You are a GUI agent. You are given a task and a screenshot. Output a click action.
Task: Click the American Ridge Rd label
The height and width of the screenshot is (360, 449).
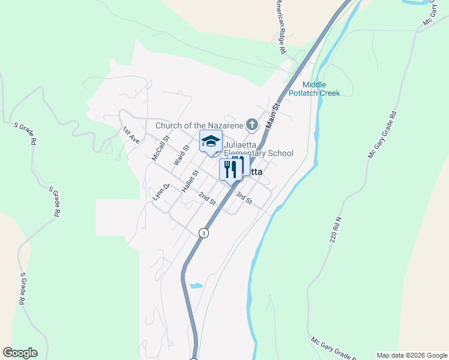point(280,27)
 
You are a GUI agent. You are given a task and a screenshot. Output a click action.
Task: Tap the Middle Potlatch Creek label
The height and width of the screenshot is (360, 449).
point(321,89)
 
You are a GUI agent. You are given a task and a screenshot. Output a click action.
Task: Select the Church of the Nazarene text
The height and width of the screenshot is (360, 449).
point(199,125)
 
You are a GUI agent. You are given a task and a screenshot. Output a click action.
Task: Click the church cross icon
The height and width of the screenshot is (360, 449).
point(252,125)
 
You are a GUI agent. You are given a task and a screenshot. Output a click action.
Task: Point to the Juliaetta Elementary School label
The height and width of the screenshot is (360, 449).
point(258,149)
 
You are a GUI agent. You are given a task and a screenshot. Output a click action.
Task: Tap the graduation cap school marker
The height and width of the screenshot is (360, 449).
point(210,142)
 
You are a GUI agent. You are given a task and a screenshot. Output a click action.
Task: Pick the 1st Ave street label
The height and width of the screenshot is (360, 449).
point(131,134)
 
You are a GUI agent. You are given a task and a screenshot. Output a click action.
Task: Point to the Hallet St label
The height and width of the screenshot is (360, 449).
point(190,180)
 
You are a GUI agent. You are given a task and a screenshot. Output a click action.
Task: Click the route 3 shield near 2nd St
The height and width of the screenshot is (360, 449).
point(204,233)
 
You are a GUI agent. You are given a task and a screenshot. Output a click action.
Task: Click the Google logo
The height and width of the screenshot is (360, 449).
point(20,353)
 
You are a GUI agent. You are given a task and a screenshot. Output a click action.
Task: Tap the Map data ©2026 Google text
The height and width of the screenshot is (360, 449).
point(412,355)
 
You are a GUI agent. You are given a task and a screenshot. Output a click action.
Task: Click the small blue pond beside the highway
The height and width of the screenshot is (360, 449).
point(196,286)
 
